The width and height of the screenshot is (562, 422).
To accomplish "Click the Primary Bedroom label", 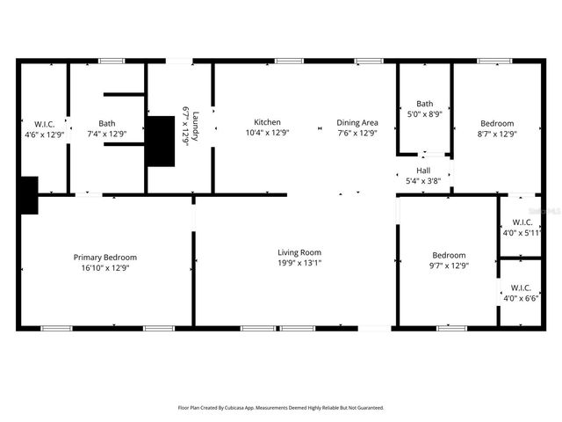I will pyautogui.click(x=104, y=258).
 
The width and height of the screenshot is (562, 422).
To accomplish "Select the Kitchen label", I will pyautogui.click(x=267, y=122).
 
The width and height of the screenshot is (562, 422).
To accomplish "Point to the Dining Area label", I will pyautogui.click(x=357, y=122).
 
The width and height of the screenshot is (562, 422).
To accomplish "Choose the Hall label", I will pyautogui.click(x=423, y=171).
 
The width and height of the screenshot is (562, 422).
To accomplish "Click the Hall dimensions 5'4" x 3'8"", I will pyautogui.click(x=423, y=181).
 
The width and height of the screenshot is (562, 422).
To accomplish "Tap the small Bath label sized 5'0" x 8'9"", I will pyautogui.click(x=425, y=104).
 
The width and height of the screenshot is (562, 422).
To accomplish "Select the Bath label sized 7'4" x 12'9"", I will pyautogui.click(x=106, y=124).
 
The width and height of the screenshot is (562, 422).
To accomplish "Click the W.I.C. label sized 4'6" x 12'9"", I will pyautogui.click(x=45, y=124).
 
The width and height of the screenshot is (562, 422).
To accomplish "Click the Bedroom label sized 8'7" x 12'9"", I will pyautogui.click(x=497, y=124).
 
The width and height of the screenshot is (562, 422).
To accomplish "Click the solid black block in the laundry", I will pyautogui.click(x=161, y=141).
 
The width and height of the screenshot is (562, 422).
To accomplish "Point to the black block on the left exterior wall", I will pyautogui.click(x=28, y=194).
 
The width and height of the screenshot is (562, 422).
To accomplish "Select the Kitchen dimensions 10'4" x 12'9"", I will pyautogui.click(x=267, y=133).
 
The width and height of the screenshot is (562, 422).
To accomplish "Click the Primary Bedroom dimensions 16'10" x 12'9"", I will pyautogui.click(x=104, y=268).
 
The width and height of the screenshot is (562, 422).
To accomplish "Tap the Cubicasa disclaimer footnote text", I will pyautogui.click(x=281, y=408).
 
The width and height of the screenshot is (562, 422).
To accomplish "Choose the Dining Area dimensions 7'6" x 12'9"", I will pyautogui.click(x=357, y=133).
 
